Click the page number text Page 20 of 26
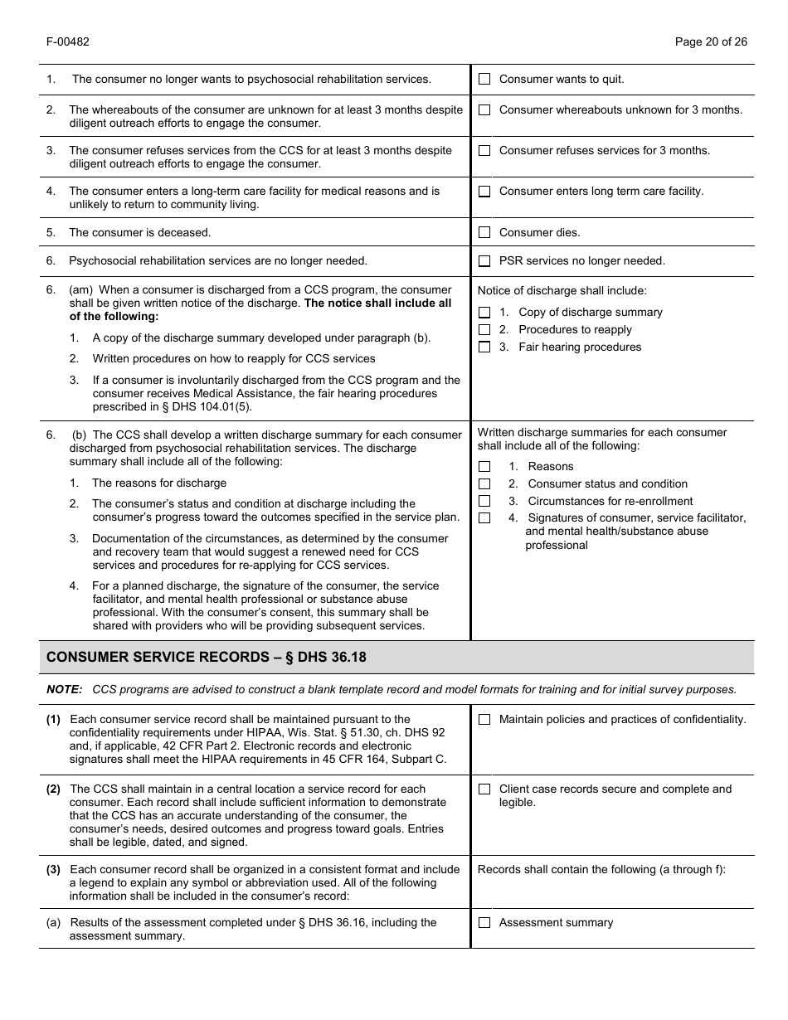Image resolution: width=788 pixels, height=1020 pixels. tap(711, 42)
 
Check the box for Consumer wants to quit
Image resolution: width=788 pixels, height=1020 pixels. tap(484, 80)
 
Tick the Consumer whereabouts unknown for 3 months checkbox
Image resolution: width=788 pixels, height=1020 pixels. tap(484, 110)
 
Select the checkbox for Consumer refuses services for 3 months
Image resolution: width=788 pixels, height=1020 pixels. tap(484, 151)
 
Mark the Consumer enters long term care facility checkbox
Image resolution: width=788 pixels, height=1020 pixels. tap(484, 192)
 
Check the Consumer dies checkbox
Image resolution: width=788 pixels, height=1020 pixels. tap(484, 233)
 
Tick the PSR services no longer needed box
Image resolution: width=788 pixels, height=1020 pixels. tap(484, 261)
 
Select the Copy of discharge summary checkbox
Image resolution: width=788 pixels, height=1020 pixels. tap(484, 313)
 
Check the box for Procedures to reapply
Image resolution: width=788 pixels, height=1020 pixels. tap(484, 330)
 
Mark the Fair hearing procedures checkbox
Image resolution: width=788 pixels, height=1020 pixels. tap(484, 347)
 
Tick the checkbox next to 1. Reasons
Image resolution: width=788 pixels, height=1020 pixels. tap(484, 467)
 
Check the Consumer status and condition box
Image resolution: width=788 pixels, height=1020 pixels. tap(484, 484)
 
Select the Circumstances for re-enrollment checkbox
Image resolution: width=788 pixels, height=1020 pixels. tap(484, 502)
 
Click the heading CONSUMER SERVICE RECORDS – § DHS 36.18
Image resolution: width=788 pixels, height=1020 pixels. tap(206, 658)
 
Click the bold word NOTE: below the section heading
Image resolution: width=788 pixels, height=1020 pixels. tap(64, 690)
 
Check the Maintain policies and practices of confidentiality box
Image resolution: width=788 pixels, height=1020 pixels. tap(484, 720)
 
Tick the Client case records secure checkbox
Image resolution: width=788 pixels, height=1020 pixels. tap(484, 789)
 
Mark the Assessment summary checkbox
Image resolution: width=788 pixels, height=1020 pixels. tap(484, 923)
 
